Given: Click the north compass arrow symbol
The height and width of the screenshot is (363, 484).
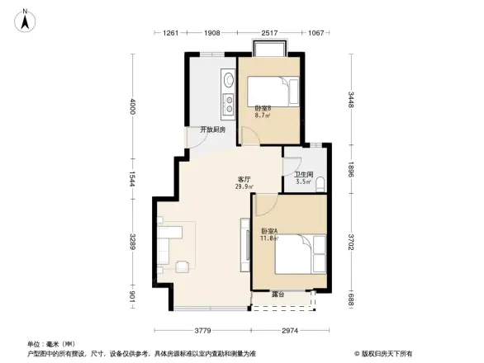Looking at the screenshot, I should pyautogui.click(x=26, y=19).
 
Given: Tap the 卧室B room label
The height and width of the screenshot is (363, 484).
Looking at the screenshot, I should pyautogui.click(x=263, y=109).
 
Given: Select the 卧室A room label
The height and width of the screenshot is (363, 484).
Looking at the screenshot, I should pyautogui.click(x=269, y=231).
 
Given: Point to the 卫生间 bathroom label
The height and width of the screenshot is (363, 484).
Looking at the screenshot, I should pyautogui.click(x=303, y=174).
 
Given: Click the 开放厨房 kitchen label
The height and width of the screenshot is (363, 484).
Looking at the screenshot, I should pyautogui.click(x=212, y=129).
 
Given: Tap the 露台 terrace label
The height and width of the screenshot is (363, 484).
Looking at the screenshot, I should pyautogui.click(x=278, y=294).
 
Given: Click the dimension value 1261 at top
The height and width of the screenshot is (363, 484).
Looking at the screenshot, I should pyautogui.click(x=171, y=33).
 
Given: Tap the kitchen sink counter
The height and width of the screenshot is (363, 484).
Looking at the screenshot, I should pyautogui.click(x=227, y=92).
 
